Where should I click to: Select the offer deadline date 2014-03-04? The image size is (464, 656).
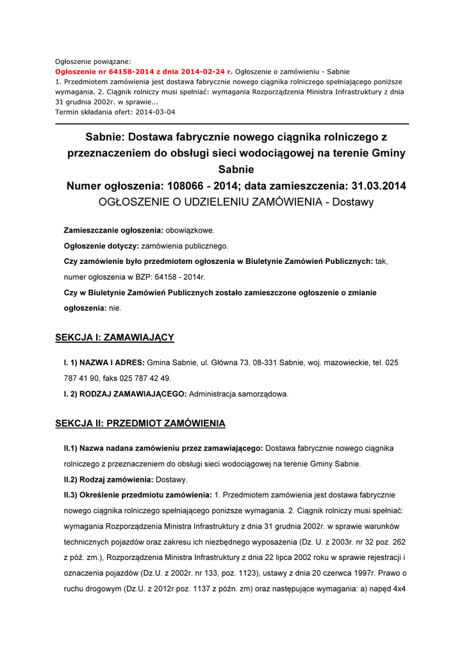coord(154,112)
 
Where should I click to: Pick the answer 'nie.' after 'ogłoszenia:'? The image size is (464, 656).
coord(115,308)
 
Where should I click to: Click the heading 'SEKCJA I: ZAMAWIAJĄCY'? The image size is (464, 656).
coord(115,338)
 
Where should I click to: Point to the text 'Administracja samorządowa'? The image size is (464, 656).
coord(238,394)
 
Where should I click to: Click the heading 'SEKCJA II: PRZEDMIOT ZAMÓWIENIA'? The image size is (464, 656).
coord(140,424)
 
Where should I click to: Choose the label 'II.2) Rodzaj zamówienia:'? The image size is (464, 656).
coord(108,479)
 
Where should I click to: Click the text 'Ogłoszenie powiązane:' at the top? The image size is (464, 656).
coord(93,61)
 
